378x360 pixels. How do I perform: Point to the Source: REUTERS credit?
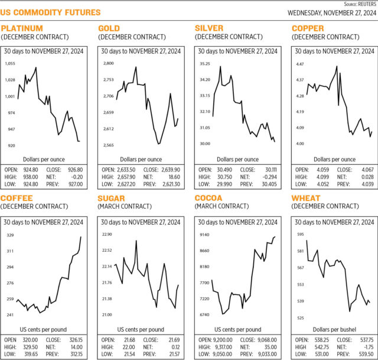pos(358,4)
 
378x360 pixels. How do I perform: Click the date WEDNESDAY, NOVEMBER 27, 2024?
pos(332,12)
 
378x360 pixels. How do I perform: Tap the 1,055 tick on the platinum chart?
pos(11,63)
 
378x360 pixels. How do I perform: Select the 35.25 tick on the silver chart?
pos(204,63)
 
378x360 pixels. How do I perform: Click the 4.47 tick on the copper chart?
pos(299,64)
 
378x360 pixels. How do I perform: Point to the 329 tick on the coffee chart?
pos(10,235)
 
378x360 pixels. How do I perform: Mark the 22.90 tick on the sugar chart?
pos(107,235)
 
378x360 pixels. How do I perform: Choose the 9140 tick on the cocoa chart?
pos(204,235)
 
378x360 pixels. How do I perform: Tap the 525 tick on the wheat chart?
pos(299,318)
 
